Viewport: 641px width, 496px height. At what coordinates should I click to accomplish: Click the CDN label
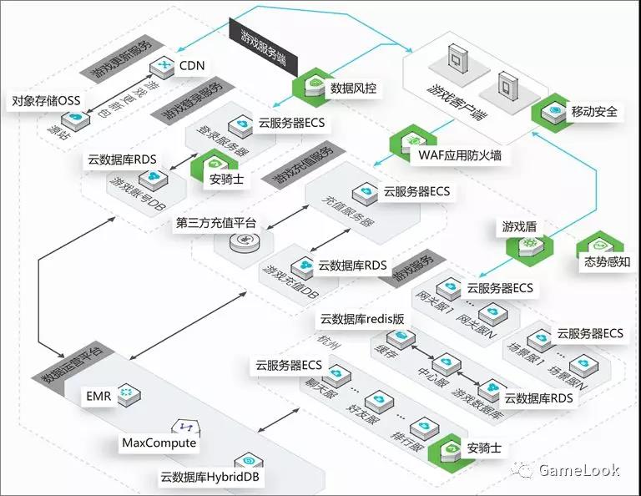click(192, 65)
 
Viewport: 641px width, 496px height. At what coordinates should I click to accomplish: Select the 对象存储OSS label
click(46, 101)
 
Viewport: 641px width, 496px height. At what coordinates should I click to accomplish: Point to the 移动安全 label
click(594, 111)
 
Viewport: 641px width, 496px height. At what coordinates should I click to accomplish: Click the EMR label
click(98, 393)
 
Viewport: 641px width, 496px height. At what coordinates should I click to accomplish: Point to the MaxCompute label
click(159, 443)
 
